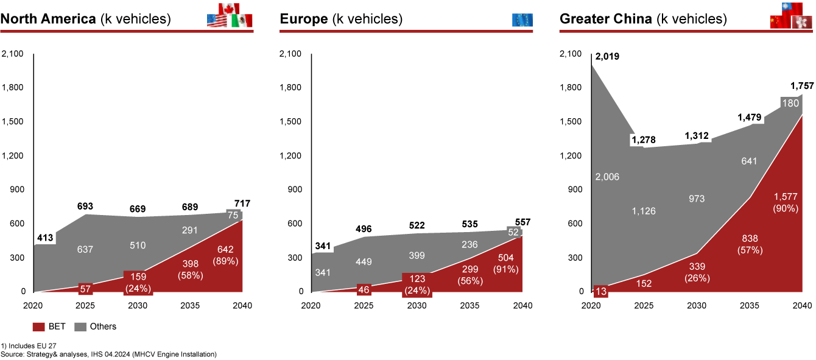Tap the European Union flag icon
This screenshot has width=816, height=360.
click(x=522, y=19)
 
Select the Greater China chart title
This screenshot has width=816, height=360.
click(x=643, y=19)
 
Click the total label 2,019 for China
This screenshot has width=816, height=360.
click(x=607, y=57)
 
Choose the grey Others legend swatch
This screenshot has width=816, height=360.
click(x=80, y=326)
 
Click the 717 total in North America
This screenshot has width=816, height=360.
click(x=243, y=203)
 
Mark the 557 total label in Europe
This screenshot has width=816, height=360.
click(x=522, y=222)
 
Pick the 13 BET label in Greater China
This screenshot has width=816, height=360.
click(x=601, y=291)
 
